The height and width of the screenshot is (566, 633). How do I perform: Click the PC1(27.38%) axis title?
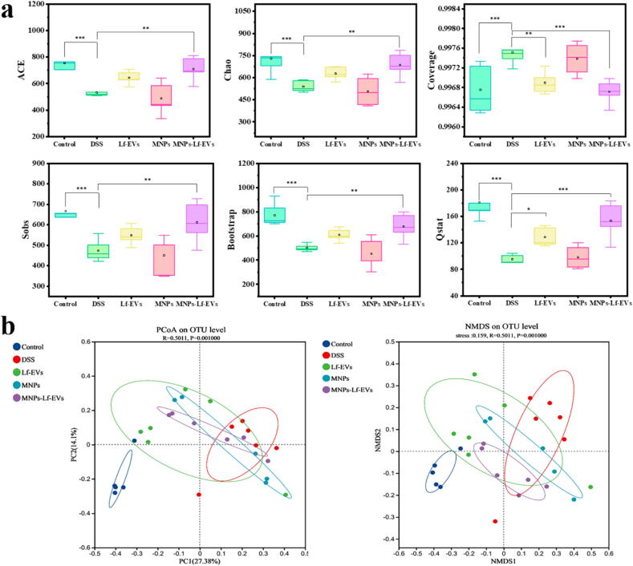pos(200,560)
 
